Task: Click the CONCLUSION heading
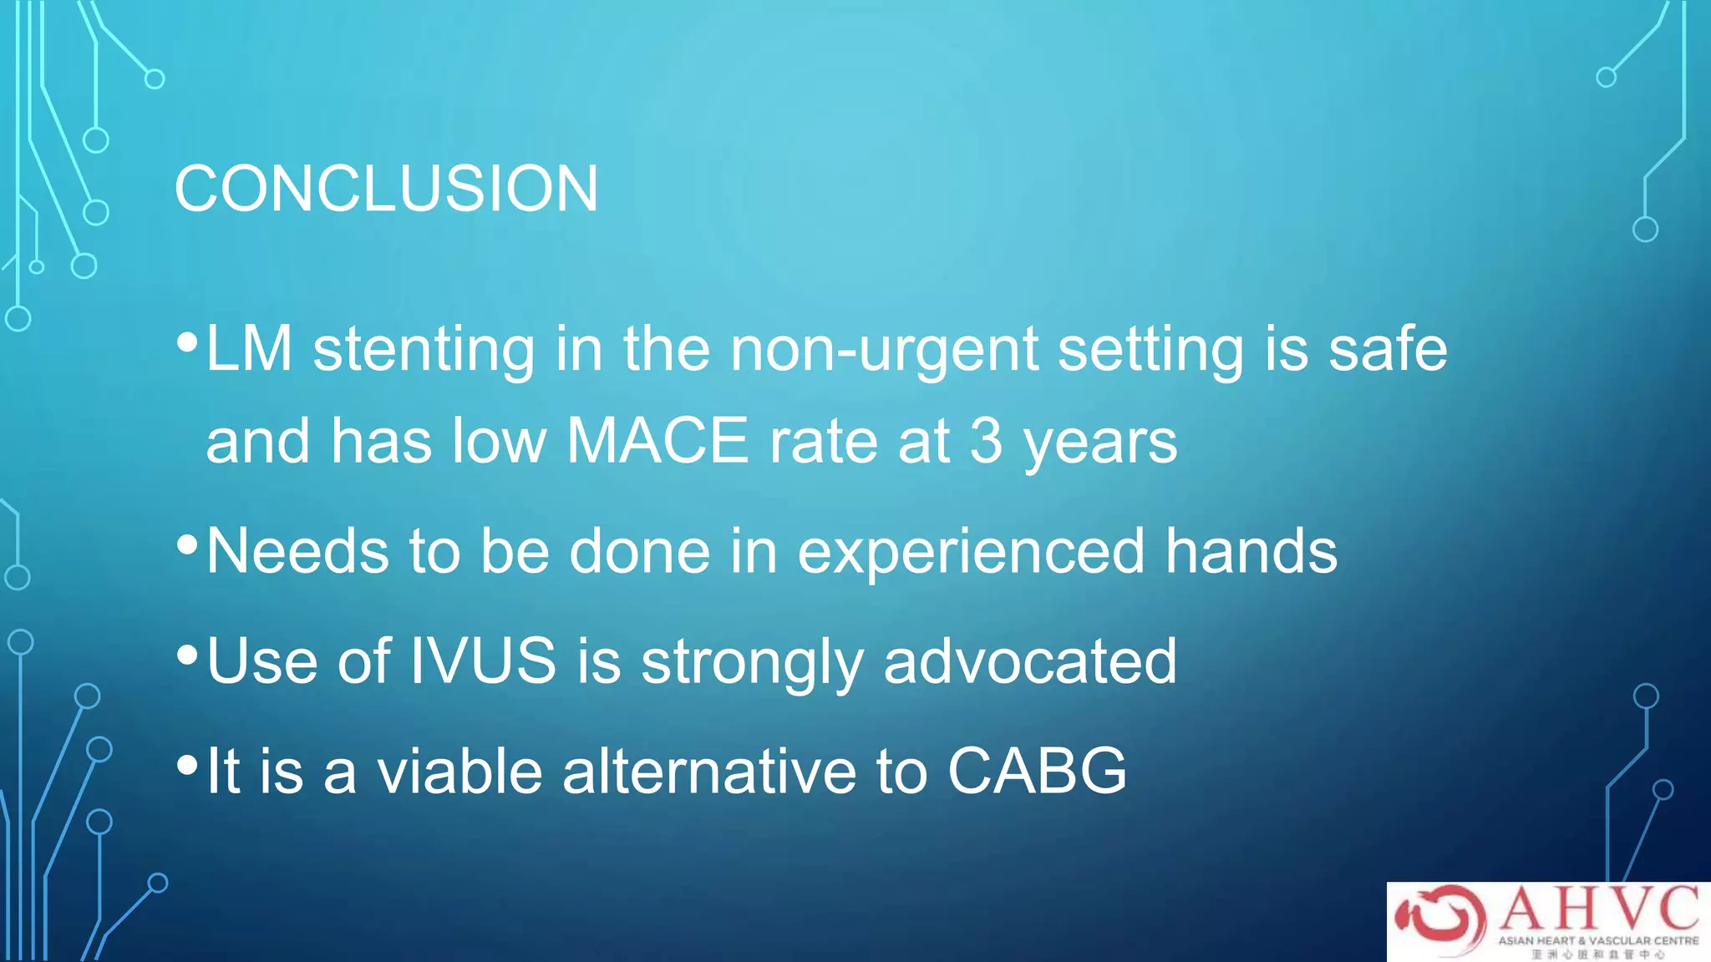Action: pos(386,189)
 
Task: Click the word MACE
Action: pos(657,441)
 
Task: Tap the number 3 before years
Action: pos(986,441)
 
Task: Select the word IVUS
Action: pos(483,661)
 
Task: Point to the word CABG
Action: pos(1037,770)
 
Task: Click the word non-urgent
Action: pos(884,349)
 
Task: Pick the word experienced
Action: pos(971,551)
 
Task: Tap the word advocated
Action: pos(1029,661)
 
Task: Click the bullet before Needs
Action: pos(187,545)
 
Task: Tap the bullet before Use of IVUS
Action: pos(187,655)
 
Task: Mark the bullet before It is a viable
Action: pos(187,764)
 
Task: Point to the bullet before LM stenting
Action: pos(187,342)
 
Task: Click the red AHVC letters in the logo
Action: pos(1599,909)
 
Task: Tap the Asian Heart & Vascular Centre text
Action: pos(1598,940)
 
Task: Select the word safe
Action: pos(1388,349)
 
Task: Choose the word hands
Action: pos(1251,551)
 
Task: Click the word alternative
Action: pos(708,770)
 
